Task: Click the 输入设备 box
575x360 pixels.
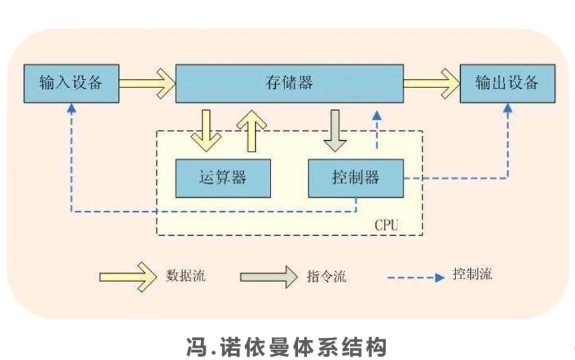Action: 71,83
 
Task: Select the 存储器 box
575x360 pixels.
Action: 289,83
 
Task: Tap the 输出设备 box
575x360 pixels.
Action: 506,83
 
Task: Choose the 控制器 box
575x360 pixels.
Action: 355,178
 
